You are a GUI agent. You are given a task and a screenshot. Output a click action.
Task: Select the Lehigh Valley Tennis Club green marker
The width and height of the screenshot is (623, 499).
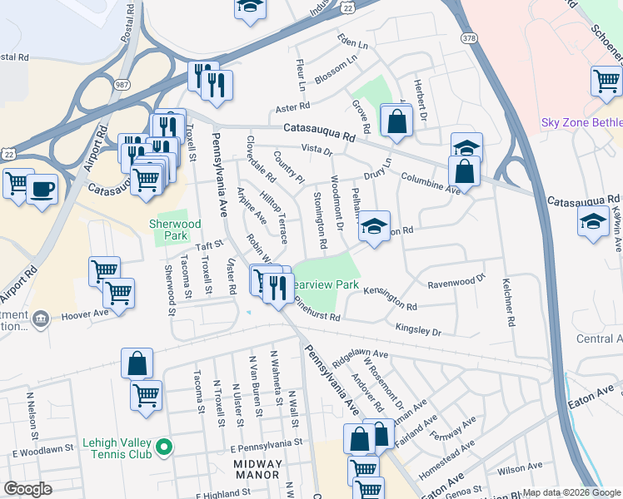165,447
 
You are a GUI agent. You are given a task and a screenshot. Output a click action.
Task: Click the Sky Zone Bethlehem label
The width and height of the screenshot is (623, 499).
581,122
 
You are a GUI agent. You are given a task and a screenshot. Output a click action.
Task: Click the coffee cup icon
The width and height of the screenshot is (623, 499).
42,188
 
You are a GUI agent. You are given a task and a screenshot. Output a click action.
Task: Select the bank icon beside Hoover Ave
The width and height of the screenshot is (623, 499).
40,318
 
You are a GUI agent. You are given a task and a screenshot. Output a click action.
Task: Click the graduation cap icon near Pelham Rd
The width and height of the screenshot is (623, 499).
375,226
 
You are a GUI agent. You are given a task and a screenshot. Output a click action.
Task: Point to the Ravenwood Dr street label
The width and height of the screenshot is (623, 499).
456,284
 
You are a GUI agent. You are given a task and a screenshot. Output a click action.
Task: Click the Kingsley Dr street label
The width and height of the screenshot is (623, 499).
418,330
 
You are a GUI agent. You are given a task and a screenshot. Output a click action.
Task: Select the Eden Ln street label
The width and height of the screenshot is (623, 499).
352,41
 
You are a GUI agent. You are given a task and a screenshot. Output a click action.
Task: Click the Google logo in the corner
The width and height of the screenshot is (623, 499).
27,489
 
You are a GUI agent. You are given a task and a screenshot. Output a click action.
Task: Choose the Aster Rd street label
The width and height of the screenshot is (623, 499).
292,106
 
